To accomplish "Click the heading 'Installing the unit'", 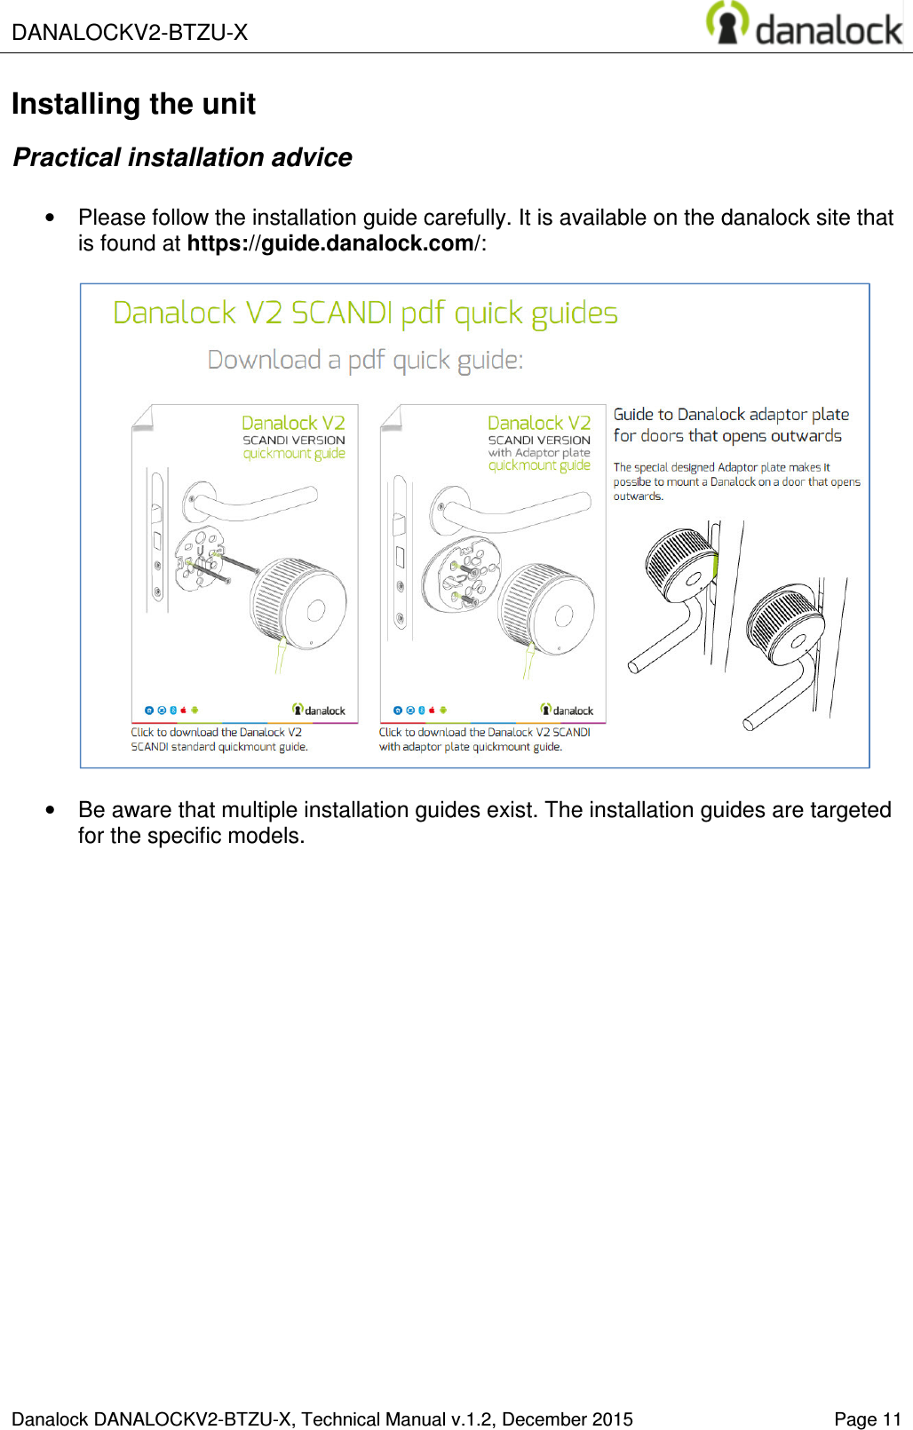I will point(133,104).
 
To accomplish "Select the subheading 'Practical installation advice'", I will point(182,157).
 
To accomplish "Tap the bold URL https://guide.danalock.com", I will point(330,243).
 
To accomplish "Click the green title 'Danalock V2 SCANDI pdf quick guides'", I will point(365,314).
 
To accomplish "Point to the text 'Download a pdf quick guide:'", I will point(365,360).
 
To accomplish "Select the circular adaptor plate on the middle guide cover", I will point(461,574).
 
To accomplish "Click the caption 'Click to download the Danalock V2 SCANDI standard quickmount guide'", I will point(218,740).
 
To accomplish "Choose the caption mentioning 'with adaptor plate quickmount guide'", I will point(484,740).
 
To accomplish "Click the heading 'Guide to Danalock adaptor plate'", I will point(731,415).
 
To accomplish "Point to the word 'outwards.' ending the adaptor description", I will point(638,497).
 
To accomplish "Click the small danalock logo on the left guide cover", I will point(319,710).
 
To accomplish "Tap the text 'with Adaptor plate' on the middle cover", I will point(539,453).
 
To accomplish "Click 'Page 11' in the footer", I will point(867,1419).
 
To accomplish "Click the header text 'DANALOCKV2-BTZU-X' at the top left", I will point(130,33).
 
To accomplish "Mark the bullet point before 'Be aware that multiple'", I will point(50,810).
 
